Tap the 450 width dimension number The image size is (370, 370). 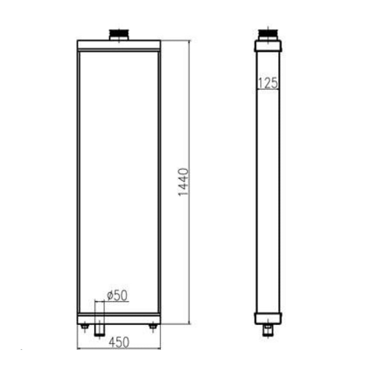[x=119, y=342]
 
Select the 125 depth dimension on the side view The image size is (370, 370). [x=268, y=83]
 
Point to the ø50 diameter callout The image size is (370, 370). [x=117, y=296]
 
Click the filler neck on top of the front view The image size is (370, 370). [x=119, y=35]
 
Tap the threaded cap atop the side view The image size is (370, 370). [x=268, y=33]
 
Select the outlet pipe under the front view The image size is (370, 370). [x=99, y=329]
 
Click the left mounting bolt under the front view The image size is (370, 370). [x=85, y=327]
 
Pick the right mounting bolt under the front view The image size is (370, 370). [x=153, y=327]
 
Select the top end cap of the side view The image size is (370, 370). [x=268, y=45]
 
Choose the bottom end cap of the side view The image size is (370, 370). [x=268, y=318]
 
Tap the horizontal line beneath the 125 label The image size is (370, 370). [x=268, y=90]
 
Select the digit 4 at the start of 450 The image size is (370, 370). [x=111, y=342]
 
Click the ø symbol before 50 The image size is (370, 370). [x=109, y=296]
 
